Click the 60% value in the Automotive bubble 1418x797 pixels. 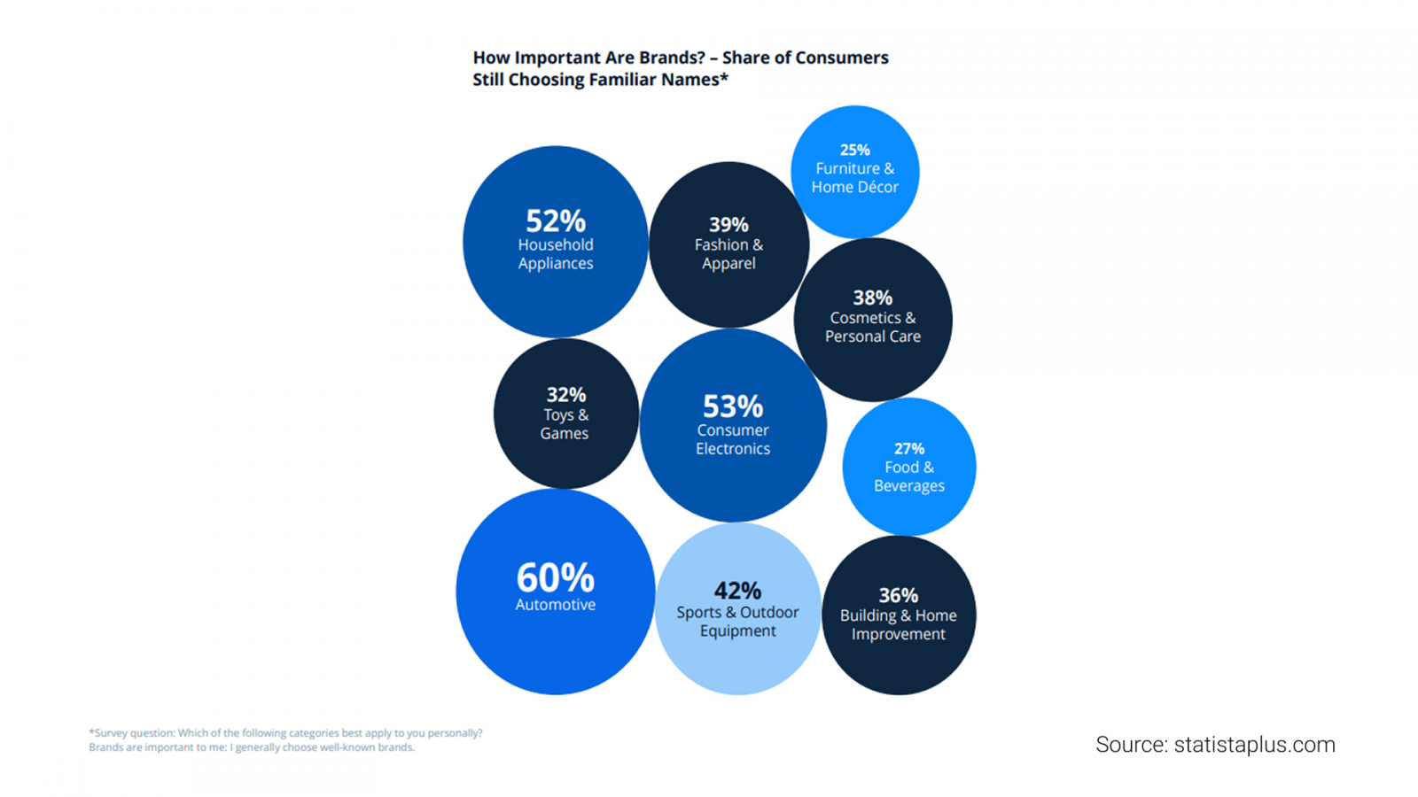(x=556, y=578)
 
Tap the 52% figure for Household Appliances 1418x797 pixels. (x=556, y=221)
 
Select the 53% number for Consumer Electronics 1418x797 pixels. (x=733, y=406)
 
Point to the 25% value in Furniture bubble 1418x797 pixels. (x=855, y=150)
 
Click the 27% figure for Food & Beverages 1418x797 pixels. (x=909, y=448)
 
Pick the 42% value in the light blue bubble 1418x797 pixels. (x=737, y=591)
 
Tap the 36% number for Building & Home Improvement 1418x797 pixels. (x=898, y=595)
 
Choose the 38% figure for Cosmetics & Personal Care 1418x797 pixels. (x=872, y=298)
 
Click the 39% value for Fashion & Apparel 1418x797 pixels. (x=728, y=225)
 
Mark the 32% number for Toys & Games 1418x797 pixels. (x=565, y=394)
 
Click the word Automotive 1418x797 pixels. (x=556, y=605)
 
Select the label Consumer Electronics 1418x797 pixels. (x=733, y=439)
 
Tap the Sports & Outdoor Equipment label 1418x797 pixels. (x=737, y=622)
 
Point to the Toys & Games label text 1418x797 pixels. (x=565, y=424)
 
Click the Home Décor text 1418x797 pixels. (x=855, y=187)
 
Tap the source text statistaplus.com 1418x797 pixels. (x=1254, y=745)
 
